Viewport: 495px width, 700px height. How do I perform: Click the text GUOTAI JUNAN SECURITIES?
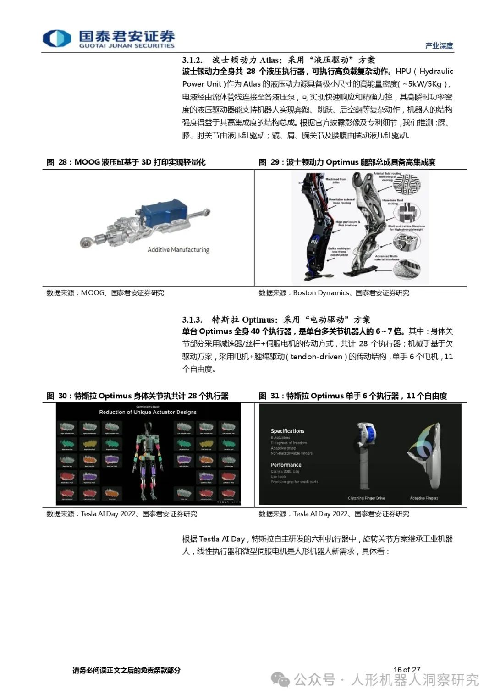click(127, 46)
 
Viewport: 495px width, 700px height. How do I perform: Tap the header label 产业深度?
click(439, 45)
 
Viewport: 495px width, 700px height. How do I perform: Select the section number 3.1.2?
click(192, 60)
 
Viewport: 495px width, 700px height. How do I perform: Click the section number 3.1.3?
click(192, 320)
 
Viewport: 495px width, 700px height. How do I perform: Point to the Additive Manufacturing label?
click(178, 250)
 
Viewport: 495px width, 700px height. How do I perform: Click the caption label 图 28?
click(57, 162)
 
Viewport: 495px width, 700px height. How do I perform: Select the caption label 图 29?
click(269, 162)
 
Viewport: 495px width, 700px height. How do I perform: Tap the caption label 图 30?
click(57, 396)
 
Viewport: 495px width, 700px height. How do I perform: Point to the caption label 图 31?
click(269, 396)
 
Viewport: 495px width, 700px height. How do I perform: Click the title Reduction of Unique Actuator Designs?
click(148, 412)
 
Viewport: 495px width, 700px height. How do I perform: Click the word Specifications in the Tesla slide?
click(287, 431)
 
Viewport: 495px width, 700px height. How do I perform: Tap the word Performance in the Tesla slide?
click(286, 465)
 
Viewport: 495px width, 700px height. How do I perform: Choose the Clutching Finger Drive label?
click(366, 498)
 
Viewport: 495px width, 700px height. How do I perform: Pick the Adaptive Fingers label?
click(424, 498)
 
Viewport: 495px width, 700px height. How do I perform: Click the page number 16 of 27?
click(407, 670)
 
